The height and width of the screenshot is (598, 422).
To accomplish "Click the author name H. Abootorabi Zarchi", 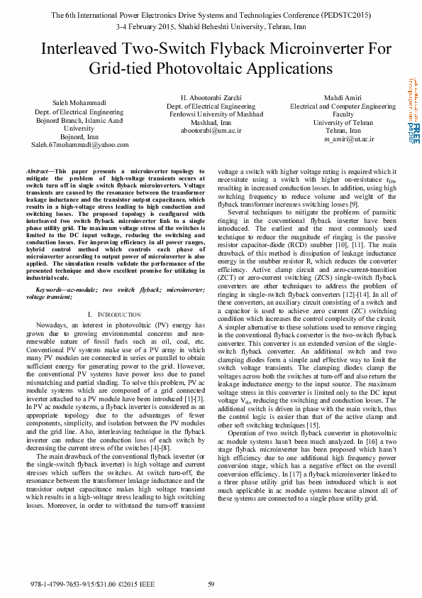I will click(211, 97).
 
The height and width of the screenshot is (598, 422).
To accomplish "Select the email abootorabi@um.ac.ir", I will click(211, 131).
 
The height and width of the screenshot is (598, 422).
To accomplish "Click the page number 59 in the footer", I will click(211, 585).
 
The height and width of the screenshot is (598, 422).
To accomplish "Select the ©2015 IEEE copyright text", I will click(135, 585).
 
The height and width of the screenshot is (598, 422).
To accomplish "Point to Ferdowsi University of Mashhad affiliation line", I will click(211, 114).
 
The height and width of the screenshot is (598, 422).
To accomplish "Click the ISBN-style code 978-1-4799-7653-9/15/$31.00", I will click(72, 585).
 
